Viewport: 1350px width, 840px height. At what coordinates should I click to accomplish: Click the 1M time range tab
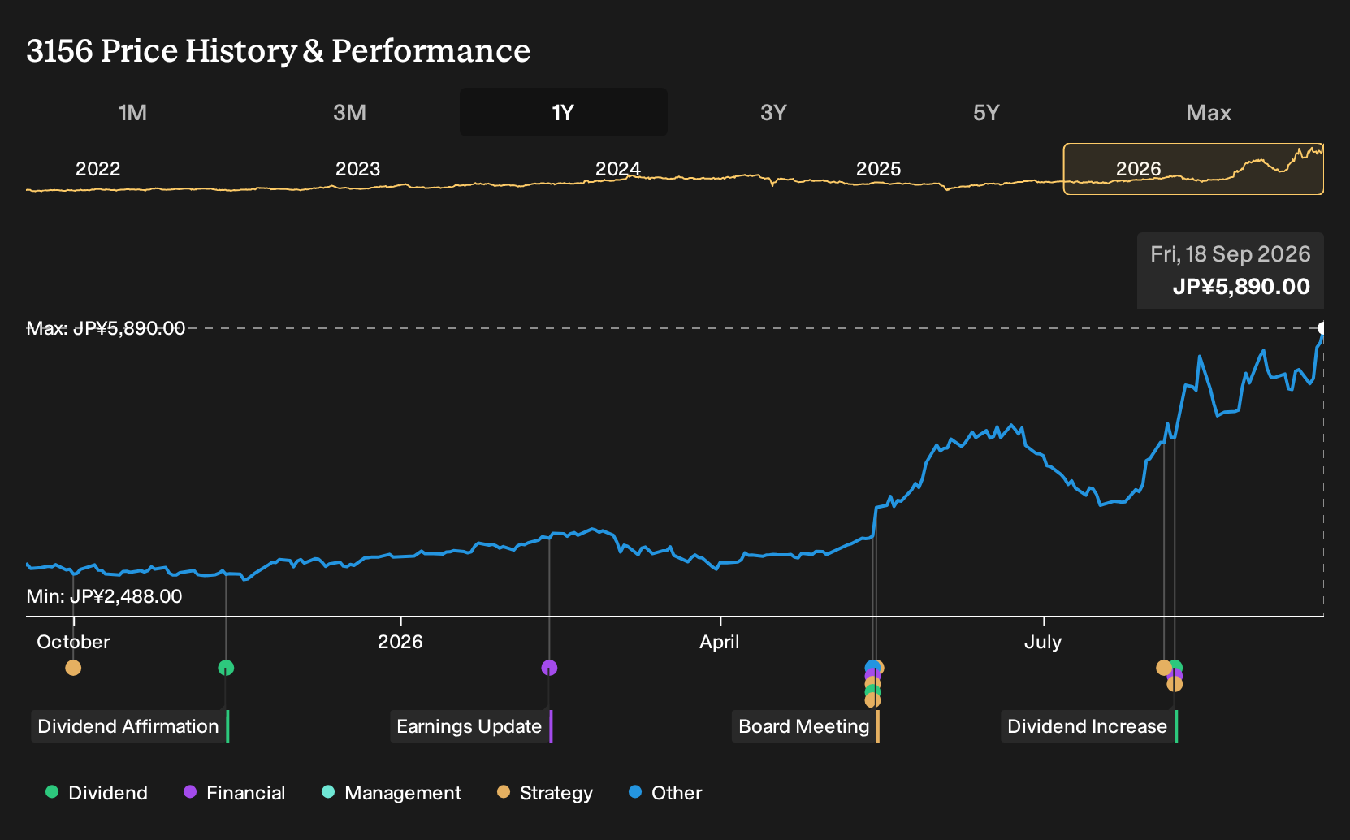pyautogui.click(x=132, y=113)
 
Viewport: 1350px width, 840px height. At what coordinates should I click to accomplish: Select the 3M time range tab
pyautogui.click(x=349, y=113)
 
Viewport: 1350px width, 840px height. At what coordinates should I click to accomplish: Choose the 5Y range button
pyautogui.click(x=986, y=113)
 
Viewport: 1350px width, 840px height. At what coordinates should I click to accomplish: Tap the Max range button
pyautogui.click(x=1209, y=113)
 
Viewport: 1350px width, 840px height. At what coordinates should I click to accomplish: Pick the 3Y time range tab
pyautogui.click(x=774, y=113)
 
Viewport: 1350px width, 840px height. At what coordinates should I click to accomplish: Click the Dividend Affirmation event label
pyautogui.click(x=128, y=726)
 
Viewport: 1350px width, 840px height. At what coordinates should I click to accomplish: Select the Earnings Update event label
pyautogui.click(x=469, y=726)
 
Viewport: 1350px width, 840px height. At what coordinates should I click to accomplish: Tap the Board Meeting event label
pyautogui.click(x=804, y=726)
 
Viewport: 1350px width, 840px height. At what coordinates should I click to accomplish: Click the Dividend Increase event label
pyautogui.click(x=1088, y=726)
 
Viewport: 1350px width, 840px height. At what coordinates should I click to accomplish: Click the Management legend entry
pyautogui.click(x=392, y=792)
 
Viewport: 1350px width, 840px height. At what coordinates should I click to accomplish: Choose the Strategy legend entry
pyautogui.click(x=545, y=792)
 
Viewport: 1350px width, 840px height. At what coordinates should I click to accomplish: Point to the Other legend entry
pyautogui.click(x=665, y=792)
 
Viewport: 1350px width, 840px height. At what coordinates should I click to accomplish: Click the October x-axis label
pyautogui.click(x=74, y=642)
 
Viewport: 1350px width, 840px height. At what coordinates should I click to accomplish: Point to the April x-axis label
pyautogui.click(x=720, y=642)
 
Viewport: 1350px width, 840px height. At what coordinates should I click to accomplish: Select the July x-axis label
pyautogui.click(x=1043, y=642)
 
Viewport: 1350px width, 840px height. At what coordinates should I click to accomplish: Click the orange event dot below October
pyautogui.click(x=73, y=668)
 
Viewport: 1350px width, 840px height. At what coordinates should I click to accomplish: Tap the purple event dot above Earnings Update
pyautogui.click(x=549, y=668)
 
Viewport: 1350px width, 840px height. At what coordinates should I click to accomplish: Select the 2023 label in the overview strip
pyautogui.click(x=358, y=169)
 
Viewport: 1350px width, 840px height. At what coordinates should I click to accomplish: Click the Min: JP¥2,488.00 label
pyautogui.click(x=104, y=596)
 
